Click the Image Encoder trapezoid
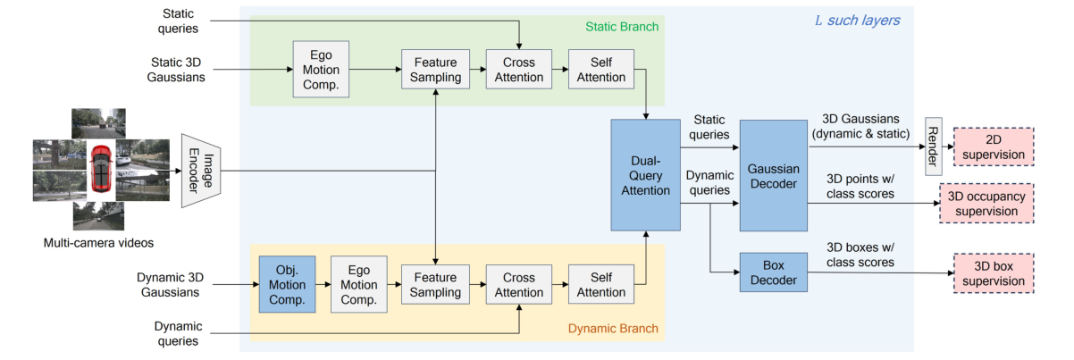pyautogui.click(x=200, y=171)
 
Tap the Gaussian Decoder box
pyautogui.click(x=774, y=175)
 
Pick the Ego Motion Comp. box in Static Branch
pyautogui.click(x=322, y=69)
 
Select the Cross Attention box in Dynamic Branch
pyautogui.click(x=514, y=283)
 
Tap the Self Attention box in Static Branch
pyautogui.click(x=601, y=69)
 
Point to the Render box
pyautogui.click(x=934, y=146)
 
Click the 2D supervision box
pyautogui.click(x=993, y=146)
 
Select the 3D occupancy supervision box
pyautogui.click(x=986, y=203)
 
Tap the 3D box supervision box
pyautogui.click(x=993, y=272)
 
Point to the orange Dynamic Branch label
pyautogui.click(x=613, y=329)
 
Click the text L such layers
pyautogui.click(x=858, y=19)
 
